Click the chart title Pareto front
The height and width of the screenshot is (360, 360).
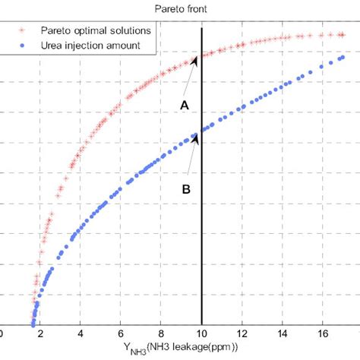[180, 8]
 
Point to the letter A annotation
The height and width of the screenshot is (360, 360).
[183, 107]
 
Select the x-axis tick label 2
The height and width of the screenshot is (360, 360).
[40, 333]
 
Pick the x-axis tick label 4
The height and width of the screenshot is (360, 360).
[81, 333]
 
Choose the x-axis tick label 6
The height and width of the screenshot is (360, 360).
[121, 333]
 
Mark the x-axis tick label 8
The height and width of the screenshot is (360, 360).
[161, 333]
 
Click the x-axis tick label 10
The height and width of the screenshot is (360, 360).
[201, 333]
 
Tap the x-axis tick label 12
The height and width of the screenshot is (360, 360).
[242, 333]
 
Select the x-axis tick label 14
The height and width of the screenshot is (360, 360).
[283, 333]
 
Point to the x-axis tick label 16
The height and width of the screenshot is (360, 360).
[323, 333]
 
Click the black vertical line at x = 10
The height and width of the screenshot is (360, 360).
[201, 228]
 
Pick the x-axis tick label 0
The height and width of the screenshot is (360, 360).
[2, 333]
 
